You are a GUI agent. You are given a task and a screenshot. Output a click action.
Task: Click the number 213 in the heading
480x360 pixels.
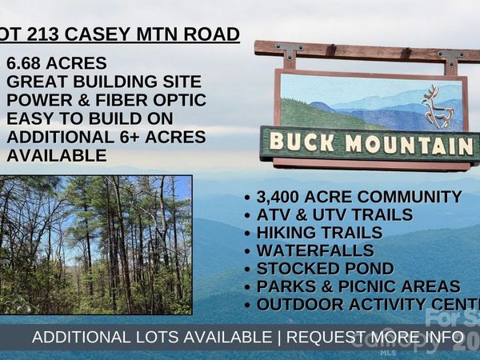click(46, 34)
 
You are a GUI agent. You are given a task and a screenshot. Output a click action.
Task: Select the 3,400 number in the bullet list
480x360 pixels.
click(282, 197)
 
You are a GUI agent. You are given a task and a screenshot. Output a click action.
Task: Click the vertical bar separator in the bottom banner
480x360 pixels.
click(278, 337)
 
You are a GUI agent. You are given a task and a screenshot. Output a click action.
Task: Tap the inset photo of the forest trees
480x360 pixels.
click(96, 244)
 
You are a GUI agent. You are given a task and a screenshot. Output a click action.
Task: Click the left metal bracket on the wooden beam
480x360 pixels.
click(290, 54)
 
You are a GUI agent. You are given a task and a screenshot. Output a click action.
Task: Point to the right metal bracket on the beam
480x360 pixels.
click(451, 59)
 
